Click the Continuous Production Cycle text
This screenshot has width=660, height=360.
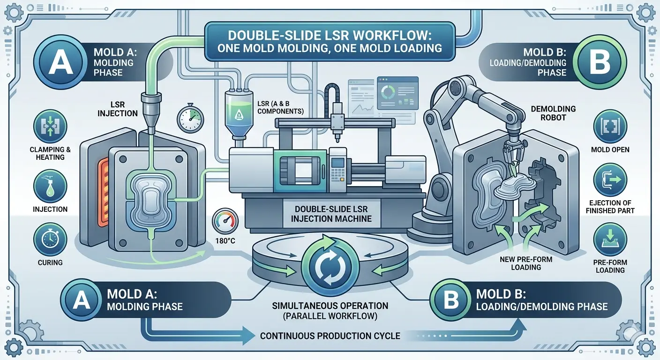tap(330, 336)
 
